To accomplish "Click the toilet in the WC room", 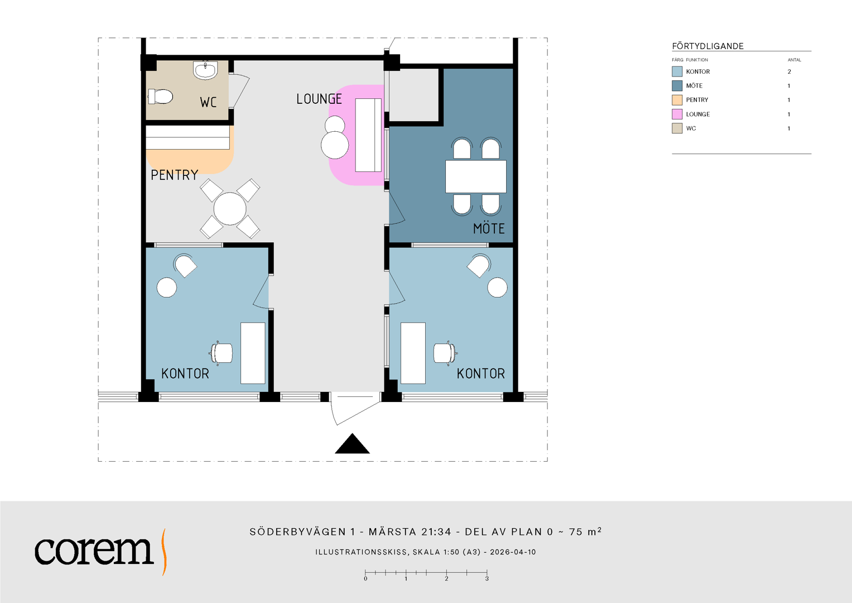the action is pyautogui.click(x=160, y=96).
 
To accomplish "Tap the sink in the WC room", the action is pyautogui.click(x=205, y=70).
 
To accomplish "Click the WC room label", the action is pyautogui.click(x=208, y=102).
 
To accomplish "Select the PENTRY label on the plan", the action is pyautogui.click(x=174, y=175).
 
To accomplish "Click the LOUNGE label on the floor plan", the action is pyautogui.click(x=319, y=99).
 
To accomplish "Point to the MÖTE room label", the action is pyautogui.click(x=489, y=228).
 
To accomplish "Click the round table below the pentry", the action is pyautogui.click(x=230, y=209).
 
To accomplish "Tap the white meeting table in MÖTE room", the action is pyautogui.click(x=476, y=176).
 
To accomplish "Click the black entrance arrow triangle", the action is pyautogui.click(x=352, y=443).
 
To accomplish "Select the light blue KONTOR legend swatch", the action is pyautogui.click(x=677, y=71).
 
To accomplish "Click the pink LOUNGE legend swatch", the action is pyautogui.click(x=677, y=114).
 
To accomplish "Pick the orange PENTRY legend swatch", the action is pyautogui.click(x=677, y=100).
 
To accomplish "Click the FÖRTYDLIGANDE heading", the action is pyautogui.click(x=708, y=46).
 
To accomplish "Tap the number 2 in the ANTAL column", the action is pyautogui.click(x=790, y=71).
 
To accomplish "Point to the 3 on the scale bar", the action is pyautogui.click(x=487, y=578).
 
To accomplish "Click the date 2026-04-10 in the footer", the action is pyautogui.click(x=513, y=552).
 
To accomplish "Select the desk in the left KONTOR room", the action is pyautogui.click(x=253, y=353).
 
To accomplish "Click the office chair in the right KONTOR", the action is pyautogui.click(x=445, y=353).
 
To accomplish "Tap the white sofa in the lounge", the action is pyautogui.click(x=368, y=135).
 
